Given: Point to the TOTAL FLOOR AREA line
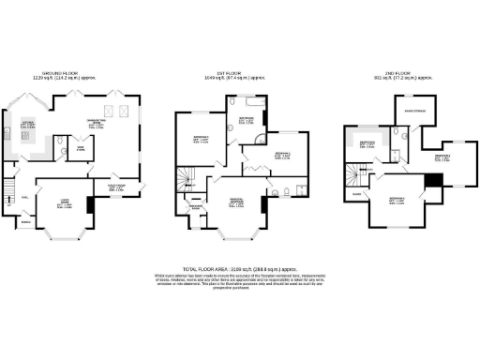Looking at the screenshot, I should tap(239, 268).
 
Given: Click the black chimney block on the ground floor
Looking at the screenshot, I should tap(91, 204).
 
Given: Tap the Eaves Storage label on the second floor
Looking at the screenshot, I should tap(414, 110).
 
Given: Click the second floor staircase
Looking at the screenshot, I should tap(354, 174).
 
